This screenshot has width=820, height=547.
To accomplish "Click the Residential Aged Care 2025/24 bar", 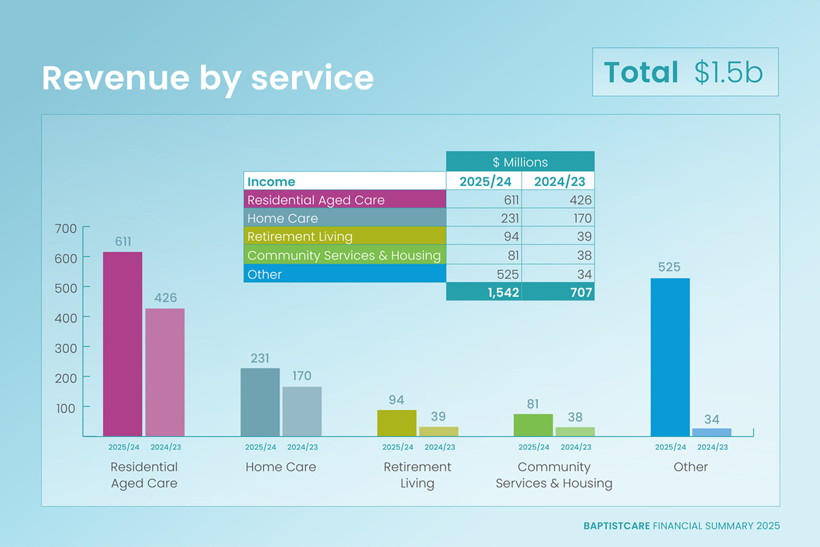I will (123, 344).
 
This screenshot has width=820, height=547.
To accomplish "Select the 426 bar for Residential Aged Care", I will (165, 372).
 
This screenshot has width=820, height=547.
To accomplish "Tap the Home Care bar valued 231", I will (260, 402).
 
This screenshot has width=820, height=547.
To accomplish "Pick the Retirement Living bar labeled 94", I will (396, 423).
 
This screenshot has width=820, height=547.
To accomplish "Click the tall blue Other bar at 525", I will (670, 357).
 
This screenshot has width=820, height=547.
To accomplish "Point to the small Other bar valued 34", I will (712, 432).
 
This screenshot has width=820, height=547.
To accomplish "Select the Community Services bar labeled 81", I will (533, 425).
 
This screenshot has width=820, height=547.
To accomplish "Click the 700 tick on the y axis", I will (66, 229).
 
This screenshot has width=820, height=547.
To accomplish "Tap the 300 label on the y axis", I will (66, 348).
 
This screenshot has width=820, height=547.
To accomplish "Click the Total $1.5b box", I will (685, 72).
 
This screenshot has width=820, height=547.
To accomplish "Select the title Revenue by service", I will (208, 78).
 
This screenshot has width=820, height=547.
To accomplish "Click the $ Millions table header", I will (520, 162).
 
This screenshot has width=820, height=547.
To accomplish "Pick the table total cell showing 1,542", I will (484, 292).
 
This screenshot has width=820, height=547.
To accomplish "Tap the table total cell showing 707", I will (558, 292).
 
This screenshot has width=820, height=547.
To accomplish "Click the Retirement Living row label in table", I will (344, 236).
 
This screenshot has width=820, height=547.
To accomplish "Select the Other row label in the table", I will (344, 274).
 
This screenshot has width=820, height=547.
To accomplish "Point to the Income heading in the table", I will (271, 182).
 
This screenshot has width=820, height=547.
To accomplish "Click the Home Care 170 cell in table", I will (558, 218).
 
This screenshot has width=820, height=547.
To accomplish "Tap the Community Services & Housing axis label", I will (553, 475).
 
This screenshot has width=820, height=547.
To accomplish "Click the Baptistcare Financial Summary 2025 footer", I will (681, 526).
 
